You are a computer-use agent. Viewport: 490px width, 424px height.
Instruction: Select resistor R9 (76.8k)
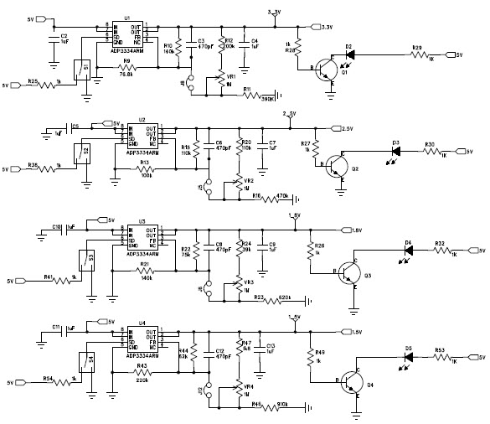(x=126, y=67)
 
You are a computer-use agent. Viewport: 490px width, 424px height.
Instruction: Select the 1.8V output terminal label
(x=330, y=230)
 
